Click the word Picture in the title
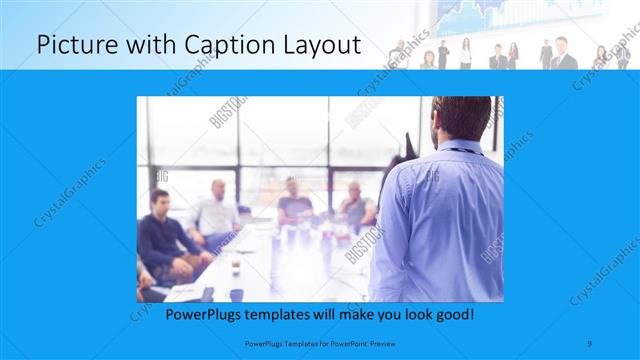point(71,45)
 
